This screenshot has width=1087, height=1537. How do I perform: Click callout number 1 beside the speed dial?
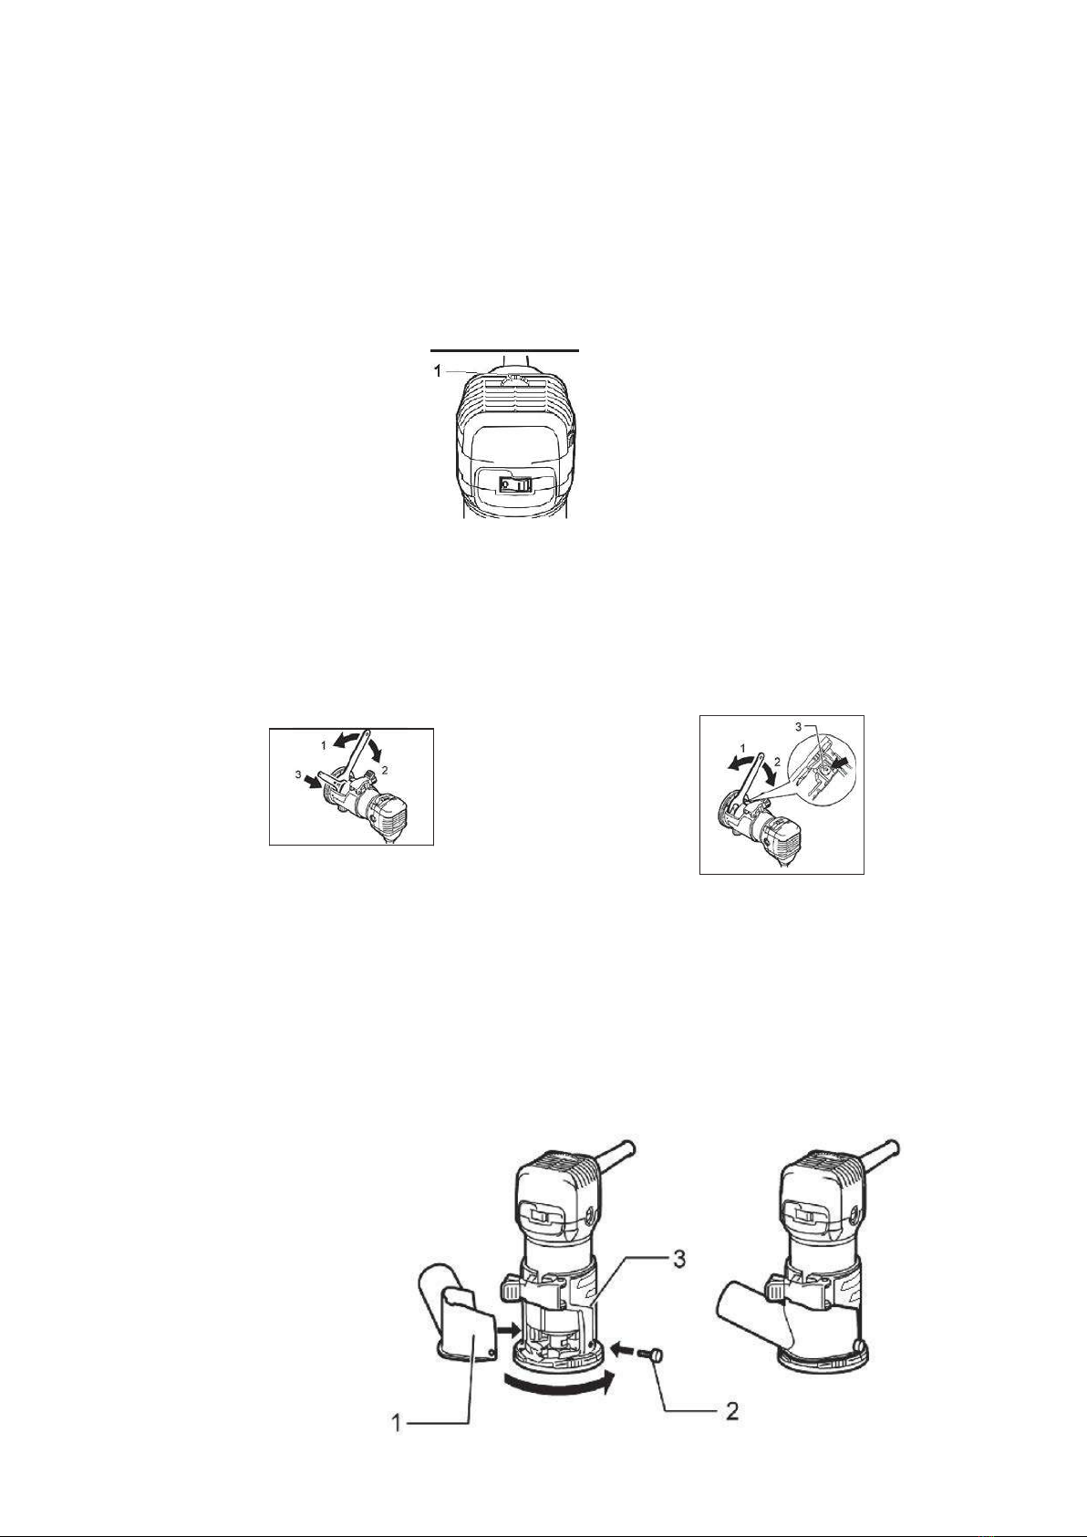click(x=437, y=371)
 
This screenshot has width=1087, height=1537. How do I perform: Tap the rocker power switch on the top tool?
click(x=515, y=483)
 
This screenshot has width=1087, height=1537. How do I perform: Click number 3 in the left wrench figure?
click(x=298, y=774)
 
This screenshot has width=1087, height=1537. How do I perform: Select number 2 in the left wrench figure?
click(x=385, y=770)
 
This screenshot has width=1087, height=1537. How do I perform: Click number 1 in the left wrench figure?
click(x=323, y=744)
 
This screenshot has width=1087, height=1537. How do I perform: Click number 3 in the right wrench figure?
click(x=798, y=726)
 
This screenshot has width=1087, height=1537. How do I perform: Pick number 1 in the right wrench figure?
click(x=742, y=746)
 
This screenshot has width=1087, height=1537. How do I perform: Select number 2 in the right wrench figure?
click(x=777, y=761)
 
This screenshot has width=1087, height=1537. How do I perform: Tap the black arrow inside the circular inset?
click(x=840, y=763)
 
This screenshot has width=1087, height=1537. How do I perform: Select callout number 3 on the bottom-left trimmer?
click(x=678, y=1261)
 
